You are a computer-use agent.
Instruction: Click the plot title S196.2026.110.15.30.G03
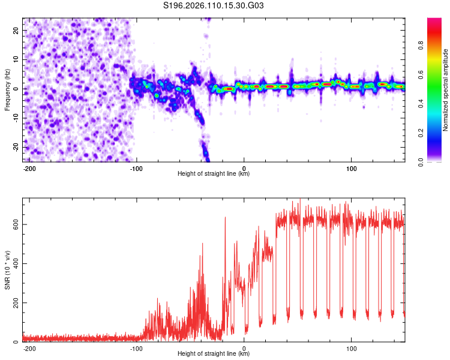click(x=214, y=7)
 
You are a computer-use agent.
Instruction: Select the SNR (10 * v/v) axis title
click(x=7, y=270)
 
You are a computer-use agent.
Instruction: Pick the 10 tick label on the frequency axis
click(x=17, y=59)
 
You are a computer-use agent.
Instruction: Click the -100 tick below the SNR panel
click(x=136, y=347)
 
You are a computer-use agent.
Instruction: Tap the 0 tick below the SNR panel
click(x=244, y=347)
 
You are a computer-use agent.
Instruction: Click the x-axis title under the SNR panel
click(x=214, y=354)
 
